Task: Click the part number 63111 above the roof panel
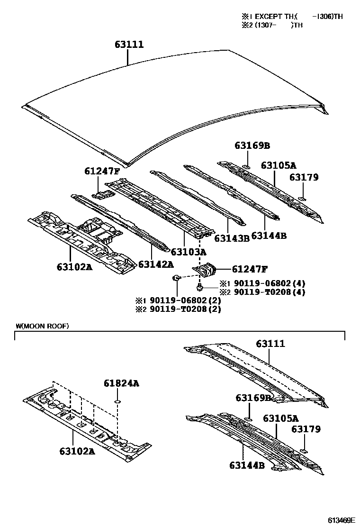click(x=128, y=45)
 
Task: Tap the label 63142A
click(x=155, y=263)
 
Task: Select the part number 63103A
click(x=189, y=252)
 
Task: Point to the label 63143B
click(x=232, y=238)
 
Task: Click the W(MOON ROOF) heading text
click(x=42, y=326)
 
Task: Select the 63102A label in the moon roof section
click(x=77, y=451)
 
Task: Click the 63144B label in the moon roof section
click(x=247, y=465)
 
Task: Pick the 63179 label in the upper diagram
click(x=304, y=177)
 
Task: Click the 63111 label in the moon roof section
click(x=270, y=344)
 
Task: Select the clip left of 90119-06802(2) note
click(x=176, y=278)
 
